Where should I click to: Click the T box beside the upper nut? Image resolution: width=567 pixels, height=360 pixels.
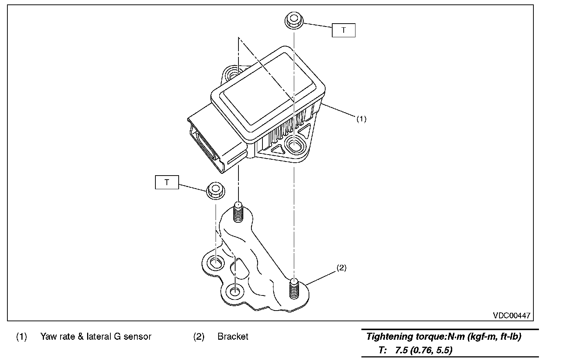344,30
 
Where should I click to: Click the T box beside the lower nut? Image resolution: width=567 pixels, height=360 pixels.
167,182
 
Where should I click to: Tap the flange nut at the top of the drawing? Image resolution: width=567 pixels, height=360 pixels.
294,20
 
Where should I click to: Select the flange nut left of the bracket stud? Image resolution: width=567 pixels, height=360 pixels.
216,190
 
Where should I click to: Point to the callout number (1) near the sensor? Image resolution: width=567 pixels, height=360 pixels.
361,119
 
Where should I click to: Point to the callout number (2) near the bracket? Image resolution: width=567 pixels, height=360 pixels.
341,268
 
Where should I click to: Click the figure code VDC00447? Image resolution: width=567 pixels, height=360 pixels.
512,315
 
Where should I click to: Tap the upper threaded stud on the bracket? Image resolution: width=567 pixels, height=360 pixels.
238,212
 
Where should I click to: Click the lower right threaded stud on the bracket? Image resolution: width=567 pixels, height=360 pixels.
294,288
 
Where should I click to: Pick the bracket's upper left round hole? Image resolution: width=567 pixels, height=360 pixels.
216,263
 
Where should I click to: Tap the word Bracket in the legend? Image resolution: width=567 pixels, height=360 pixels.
233,336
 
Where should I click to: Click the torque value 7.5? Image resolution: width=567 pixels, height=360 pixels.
402,350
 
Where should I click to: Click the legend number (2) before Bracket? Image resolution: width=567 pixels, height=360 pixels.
199,337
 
